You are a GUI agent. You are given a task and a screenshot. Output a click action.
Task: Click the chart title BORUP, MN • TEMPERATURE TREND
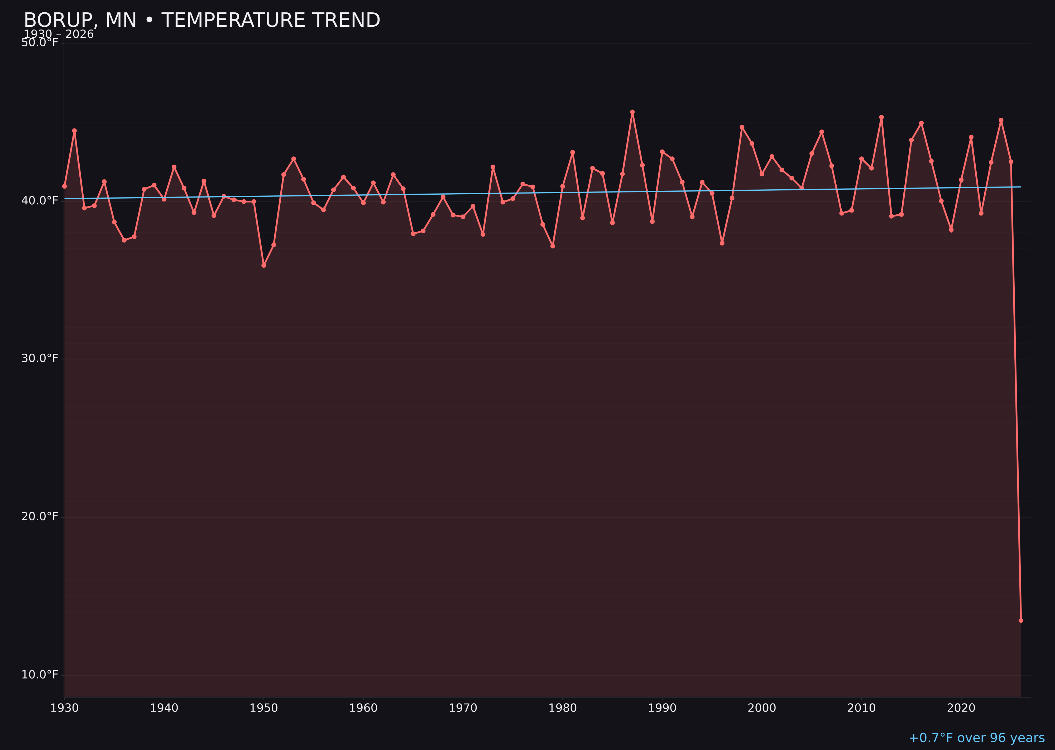[202, 20]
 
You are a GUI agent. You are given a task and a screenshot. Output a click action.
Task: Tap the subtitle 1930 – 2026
[59, 35]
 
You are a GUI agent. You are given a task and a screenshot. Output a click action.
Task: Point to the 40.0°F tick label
[40, 200]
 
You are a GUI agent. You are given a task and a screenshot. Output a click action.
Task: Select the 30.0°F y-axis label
[40, 358]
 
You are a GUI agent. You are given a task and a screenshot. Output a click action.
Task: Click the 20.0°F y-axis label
[40, 516]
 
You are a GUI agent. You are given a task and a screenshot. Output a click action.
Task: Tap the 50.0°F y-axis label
[40, 42]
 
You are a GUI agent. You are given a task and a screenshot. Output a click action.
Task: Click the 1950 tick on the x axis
[264, 708]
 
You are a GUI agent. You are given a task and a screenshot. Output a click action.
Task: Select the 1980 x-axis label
[563, 708]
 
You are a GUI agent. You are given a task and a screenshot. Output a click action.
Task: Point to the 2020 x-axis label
[961, 708]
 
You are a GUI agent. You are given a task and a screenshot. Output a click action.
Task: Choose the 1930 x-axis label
[65, 708]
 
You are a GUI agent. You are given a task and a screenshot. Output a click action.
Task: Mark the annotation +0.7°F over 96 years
[976, 738]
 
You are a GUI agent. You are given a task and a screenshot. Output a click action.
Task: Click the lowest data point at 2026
[1021, 620]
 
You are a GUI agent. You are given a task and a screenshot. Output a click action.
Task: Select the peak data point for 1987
[632, 112]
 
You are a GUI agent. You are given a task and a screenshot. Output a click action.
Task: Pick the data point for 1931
[74, 131]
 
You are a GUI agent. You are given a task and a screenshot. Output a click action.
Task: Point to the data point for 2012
[881, 117]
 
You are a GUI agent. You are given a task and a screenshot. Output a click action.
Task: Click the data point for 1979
[553, 246]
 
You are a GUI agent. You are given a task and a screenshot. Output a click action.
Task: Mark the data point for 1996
[722, 243]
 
